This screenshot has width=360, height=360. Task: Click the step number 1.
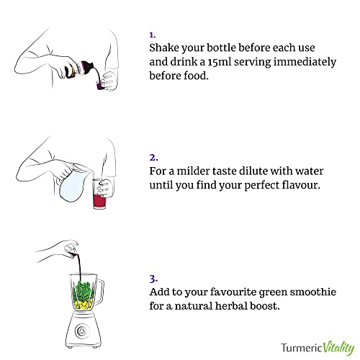(x=153, y=35)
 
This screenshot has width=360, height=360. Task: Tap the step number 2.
(x=153, y=158)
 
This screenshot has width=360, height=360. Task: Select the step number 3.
(x=153, y=279)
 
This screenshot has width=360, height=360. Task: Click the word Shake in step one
(x=164, y=48)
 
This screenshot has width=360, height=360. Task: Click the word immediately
(x=305, y=63)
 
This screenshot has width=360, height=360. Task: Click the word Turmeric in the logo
(x=302, y=348)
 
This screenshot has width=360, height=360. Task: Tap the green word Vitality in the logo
(x=338, y=348)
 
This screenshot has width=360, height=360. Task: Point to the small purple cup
(x=100, y=85)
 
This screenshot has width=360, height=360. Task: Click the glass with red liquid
(x=99, y=194)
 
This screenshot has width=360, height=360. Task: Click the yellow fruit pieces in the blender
(x=83, y=305)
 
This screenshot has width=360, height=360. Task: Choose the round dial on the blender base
(x=81, y=331)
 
